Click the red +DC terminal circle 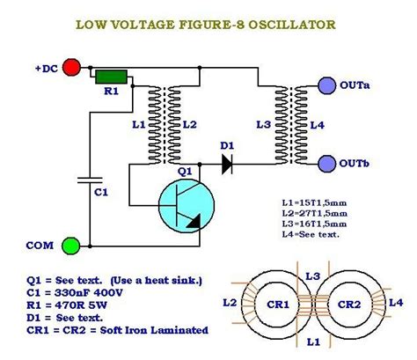[73, 66]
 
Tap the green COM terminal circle [73, 244]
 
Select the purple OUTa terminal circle [325, 85]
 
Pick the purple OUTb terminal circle [325, 163]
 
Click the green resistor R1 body [111, 77]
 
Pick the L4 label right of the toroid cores [397, 303]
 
